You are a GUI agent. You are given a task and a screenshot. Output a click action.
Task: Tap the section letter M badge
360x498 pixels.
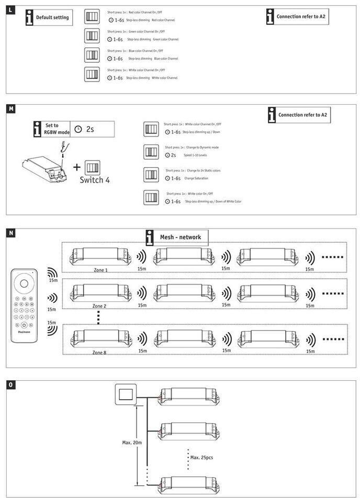11,109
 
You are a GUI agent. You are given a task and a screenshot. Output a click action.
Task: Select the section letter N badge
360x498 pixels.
11,233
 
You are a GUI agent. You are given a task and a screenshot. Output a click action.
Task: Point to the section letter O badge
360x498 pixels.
11,385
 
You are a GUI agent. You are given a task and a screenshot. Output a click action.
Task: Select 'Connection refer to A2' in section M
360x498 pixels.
303,115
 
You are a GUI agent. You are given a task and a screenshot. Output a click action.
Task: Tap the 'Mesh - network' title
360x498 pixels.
180,237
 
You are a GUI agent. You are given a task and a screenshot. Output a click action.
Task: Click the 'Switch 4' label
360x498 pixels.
95,180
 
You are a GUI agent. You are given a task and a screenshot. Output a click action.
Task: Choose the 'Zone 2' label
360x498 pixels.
99,305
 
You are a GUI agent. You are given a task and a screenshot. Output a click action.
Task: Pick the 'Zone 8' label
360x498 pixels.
99,353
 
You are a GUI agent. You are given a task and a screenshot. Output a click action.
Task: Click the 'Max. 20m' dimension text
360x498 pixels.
132,443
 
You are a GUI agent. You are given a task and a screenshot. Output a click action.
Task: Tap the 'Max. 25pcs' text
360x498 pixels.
201,457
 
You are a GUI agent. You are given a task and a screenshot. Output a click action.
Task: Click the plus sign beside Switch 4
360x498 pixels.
77,167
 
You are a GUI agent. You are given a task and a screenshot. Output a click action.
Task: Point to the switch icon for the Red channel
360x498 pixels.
92,16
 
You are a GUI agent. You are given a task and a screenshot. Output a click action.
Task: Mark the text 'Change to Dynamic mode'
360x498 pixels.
199,148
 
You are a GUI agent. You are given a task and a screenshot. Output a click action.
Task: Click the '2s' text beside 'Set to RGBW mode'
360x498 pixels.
89,129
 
